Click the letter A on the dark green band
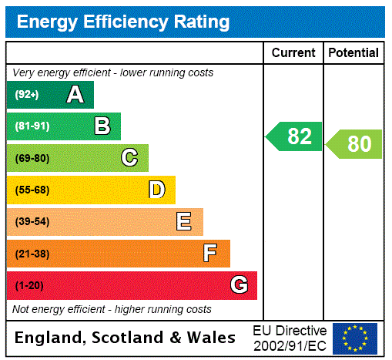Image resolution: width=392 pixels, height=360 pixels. click(75, 95)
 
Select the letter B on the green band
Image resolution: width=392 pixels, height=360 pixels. click(102, 126)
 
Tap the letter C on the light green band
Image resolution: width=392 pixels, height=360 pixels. click(129, 158)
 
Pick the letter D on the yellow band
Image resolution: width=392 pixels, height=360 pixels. click(156, 190)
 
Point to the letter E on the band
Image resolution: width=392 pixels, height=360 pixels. click(183, 222)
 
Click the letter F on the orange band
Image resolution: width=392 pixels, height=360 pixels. click(210, 253)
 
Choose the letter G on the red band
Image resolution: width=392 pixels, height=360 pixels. click(239, 285)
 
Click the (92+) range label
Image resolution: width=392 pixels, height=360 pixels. click(27, 95)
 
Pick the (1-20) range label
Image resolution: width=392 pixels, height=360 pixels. click(29, 285)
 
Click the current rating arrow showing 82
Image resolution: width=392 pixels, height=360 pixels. click(295, 136)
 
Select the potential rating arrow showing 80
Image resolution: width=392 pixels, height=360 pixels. click(355, 144)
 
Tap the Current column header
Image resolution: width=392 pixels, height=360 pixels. click(293, 53)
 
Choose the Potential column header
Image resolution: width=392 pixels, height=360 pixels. click(353, 53)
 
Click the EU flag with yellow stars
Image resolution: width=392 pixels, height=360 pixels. click(355, 338)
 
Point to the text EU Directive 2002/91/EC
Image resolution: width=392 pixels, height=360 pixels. click(290, 338)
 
